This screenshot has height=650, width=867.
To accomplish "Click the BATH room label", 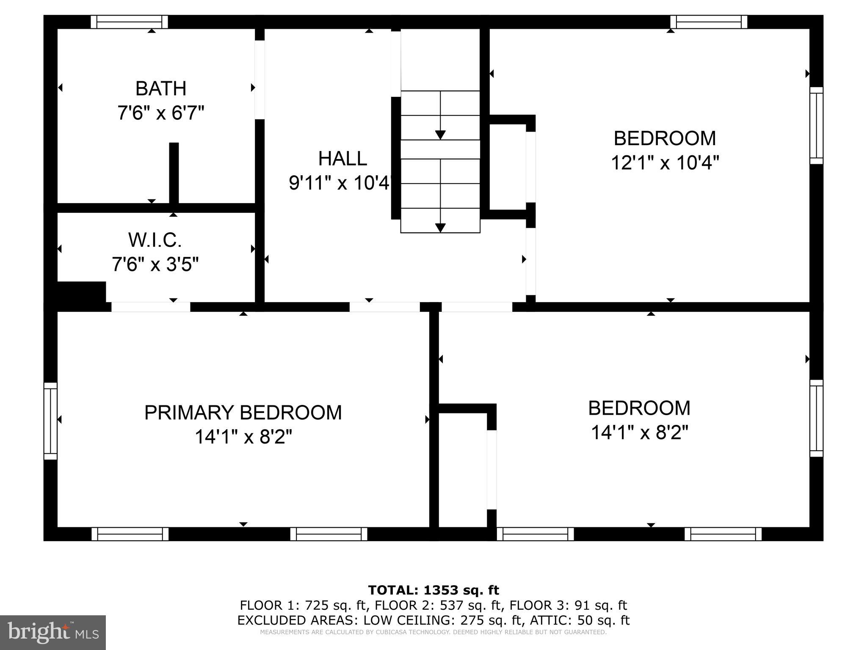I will tap(160, 89).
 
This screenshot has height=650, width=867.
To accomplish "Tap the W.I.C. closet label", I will tap(155, 240).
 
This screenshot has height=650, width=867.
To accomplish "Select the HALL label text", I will tap(342, 159).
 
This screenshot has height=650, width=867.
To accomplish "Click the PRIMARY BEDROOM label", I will tap(243, 413).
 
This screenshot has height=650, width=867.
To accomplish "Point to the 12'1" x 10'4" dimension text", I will tap(665, 162).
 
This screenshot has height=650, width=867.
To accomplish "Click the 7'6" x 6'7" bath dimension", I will tap(161, 113).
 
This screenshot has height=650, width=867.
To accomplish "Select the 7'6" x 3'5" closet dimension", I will tap(155, 265).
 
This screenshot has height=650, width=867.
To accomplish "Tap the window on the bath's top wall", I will tap(130, 22).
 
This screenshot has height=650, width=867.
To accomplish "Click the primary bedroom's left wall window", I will tap(50, 421).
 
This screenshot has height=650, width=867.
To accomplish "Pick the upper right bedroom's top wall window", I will tap(709, 22).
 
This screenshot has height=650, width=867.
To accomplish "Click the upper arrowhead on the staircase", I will tap(440, 135).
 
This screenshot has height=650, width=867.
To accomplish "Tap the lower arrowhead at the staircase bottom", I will tap(440, 228).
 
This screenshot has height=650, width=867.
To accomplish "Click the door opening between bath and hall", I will tap(260, 80).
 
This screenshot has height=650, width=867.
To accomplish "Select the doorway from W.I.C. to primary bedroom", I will tap(151, 307).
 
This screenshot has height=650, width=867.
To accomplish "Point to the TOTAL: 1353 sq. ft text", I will tap(433, 590).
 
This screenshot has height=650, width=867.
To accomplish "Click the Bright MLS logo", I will tap(52, 633).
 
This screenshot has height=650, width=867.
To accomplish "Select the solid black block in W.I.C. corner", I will tap(81, 292).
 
